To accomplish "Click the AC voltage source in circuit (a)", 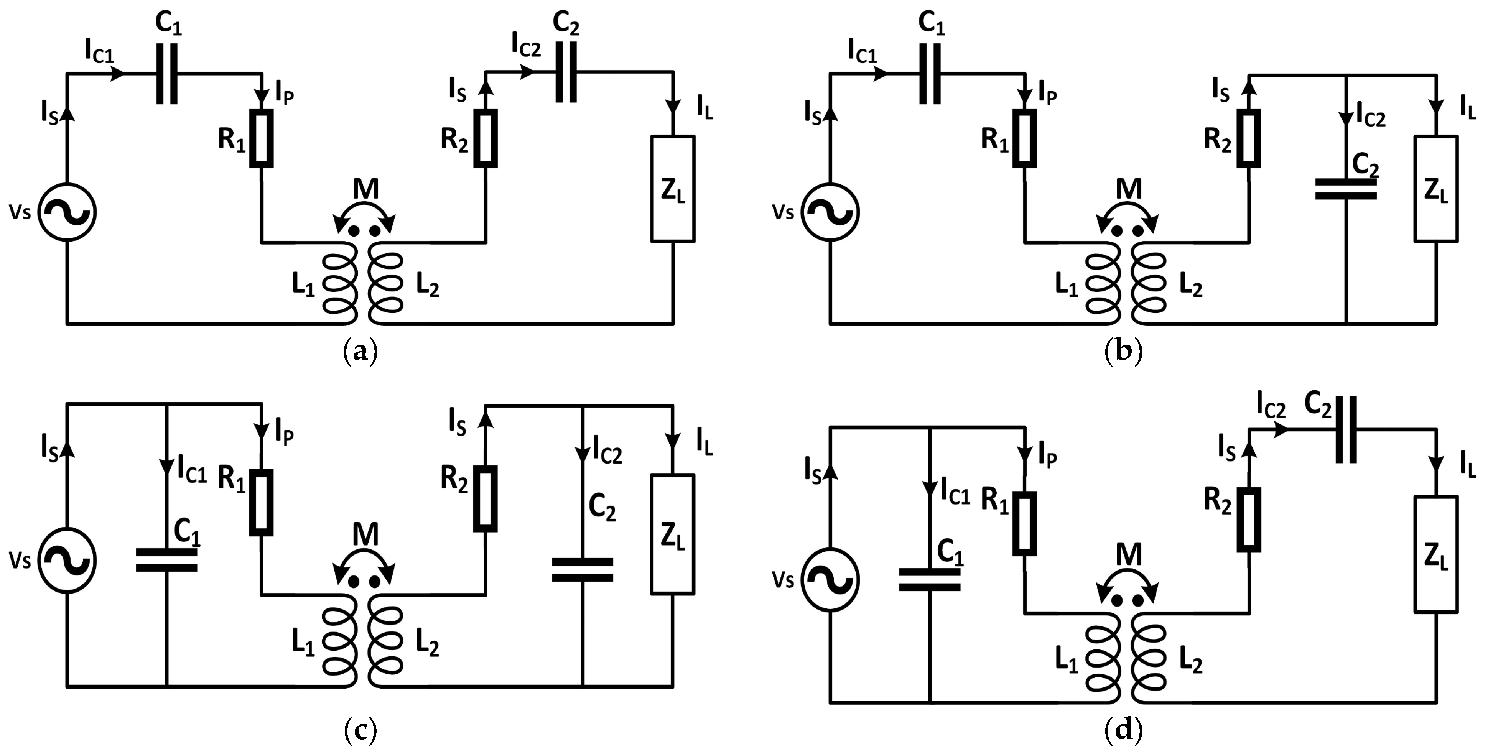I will (67, 212).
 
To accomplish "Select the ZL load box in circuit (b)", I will (1436, 189).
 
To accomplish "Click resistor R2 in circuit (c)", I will (485, 499).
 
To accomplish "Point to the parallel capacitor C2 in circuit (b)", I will (1346, 189).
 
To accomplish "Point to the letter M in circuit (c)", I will (365, 535).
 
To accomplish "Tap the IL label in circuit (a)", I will (704, 109).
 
